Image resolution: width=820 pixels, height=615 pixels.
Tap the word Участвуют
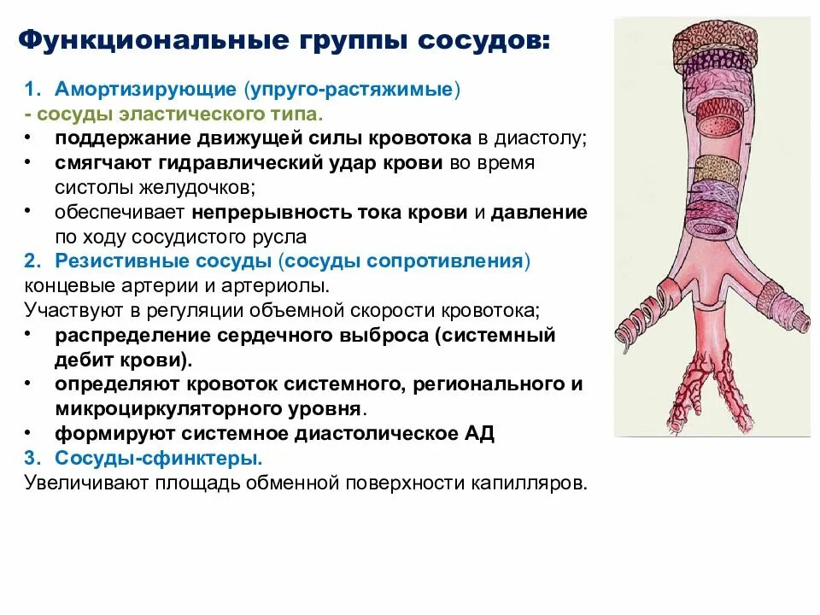click(70, 309)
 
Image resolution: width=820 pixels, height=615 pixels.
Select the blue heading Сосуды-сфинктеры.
click(159, 458)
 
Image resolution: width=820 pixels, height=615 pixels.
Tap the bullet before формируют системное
click(30, 433)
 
